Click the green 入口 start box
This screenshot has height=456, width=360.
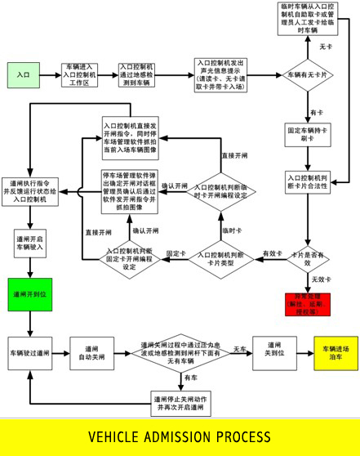click(x=23, y=74)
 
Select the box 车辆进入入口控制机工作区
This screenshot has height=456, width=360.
click(x=79, y=74)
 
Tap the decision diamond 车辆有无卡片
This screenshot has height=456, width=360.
click(x=308, y=74)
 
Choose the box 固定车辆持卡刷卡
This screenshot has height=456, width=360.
click(x=308, y=134)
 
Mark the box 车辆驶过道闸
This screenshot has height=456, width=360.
click(x=29, y=353)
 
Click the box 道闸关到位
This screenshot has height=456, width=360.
click(x=273, y=353)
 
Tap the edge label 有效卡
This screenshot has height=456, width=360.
click(x=271, y=253)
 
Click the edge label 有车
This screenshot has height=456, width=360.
click(x=189, y=378)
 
